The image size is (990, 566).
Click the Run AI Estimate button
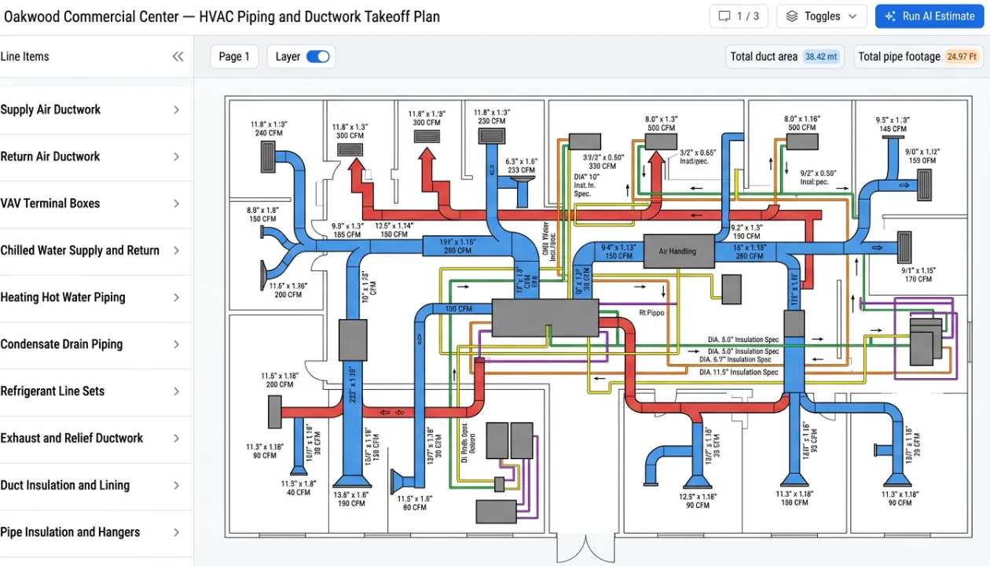pyautogui.click(x=929, y=17)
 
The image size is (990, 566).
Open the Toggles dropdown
pyautogui.click(x=822, y=17)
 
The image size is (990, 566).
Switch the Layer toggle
pyautogui.click(x=317, y=57)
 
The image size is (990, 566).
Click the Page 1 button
pyautogui.click(x=234, y=57)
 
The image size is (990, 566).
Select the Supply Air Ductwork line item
pyautogui.click(x=91, y=110)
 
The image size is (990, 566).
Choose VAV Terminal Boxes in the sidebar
pyautogui.click(x=91, y=204)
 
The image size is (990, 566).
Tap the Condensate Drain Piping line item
pyautogui.click(x=91, y=344)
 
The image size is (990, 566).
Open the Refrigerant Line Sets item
pyautogui.click(x=91, y=391)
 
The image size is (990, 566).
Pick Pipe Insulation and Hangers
pyautogui.click(x=91, y=532)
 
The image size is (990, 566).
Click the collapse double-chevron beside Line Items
pyautogui.click(x=178, y=57)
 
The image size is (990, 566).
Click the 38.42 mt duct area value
pyautogui.click(x=821, y=57)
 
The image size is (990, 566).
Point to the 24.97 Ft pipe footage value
pyautogui.click(x=962, y=57)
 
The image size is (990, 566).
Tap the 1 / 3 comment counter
pyautogui.click(x=738, y=17)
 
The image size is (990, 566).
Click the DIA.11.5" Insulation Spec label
pyautogui.click(x=739, y=372)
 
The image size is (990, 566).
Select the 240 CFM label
pyautogui.click(x=269, y=134)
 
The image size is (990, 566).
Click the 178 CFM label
pyautogui.click(x=918, y=279)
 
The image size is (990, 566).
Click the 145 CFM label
pyautogui.click(x=893, y=129)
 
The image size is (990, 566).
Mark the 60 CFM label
pyautogui.click(x=415, y=508)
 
